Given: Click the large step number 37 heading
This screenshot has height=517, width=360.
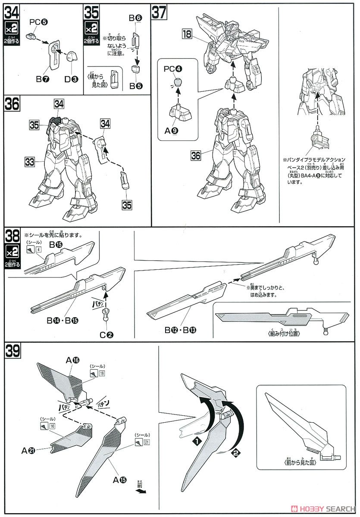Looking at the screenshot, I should (159, 13).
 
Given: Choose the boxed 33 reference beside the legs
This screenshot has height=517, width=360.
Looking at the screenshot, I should (29, 162).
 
